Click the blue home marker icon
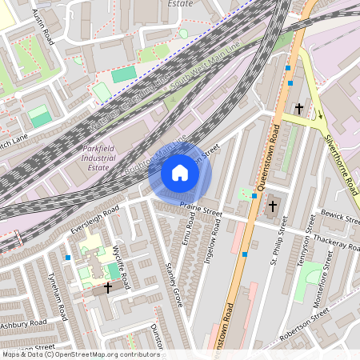point(180,172)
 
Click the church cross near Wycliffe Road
point(108,286)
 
